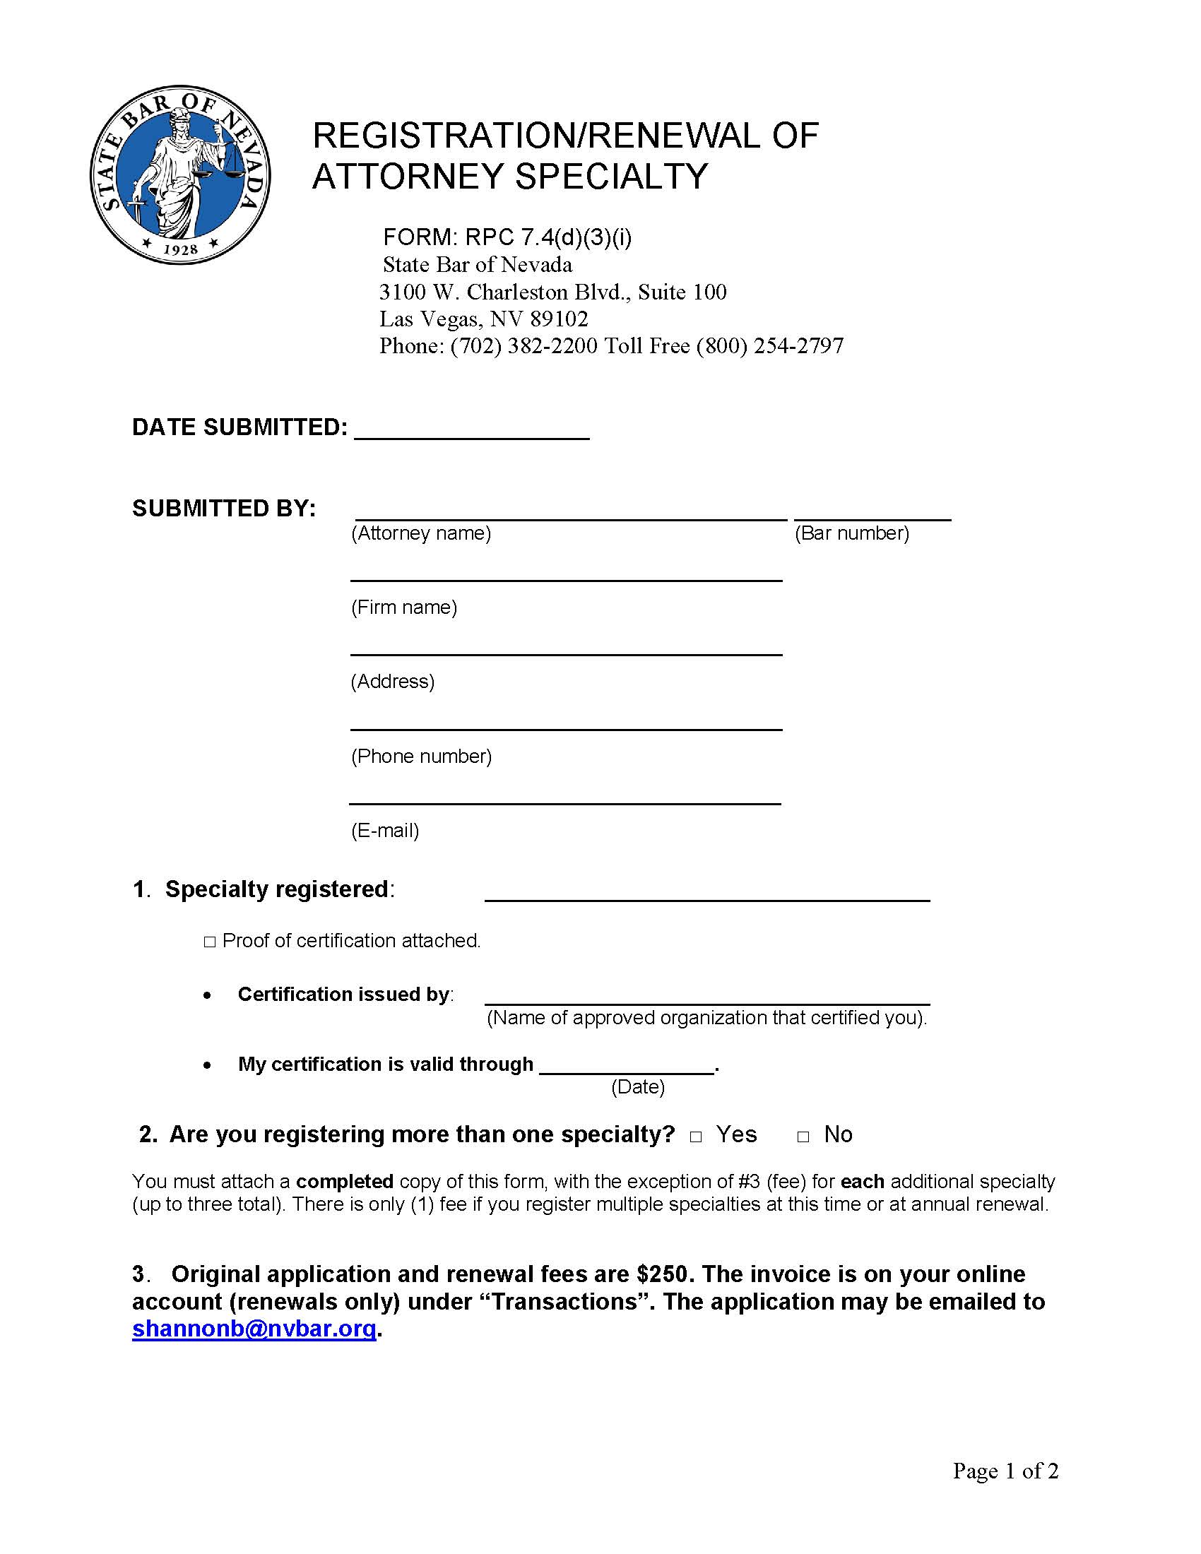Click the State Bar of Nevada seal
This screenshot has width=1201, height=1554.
click(180, 174)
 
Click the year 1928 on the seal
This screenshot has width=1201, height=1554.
click(180, 249)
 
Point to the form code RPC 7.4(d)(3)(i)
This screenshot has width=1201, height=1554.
click(548, 236)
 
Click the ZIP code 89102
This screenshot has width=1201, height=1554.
click(560, 319)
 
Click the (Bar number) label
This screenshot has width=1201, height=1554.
click(852, 533)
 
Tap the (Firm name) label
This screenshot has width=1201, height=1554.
click(403, 607)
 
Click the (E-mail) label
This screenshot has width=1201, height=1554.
click(385, 831)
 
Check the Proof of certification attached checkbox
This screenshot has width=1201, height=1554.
click(210, 942)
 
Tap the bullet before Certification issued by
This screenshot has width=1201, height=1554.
click(207, 995)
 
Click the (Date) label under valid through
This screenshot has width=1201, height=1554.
click(637, 1086)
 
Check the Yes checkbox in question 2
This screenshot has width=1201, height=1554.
click(696, 1137)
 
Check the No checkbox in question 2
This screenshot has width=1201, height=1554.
click(803, 1137)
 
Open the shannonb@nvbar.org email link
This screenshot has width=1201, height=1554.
click(254, 1329)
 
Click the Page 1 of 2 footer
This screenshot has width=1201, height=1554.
click(1005, 1470)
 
